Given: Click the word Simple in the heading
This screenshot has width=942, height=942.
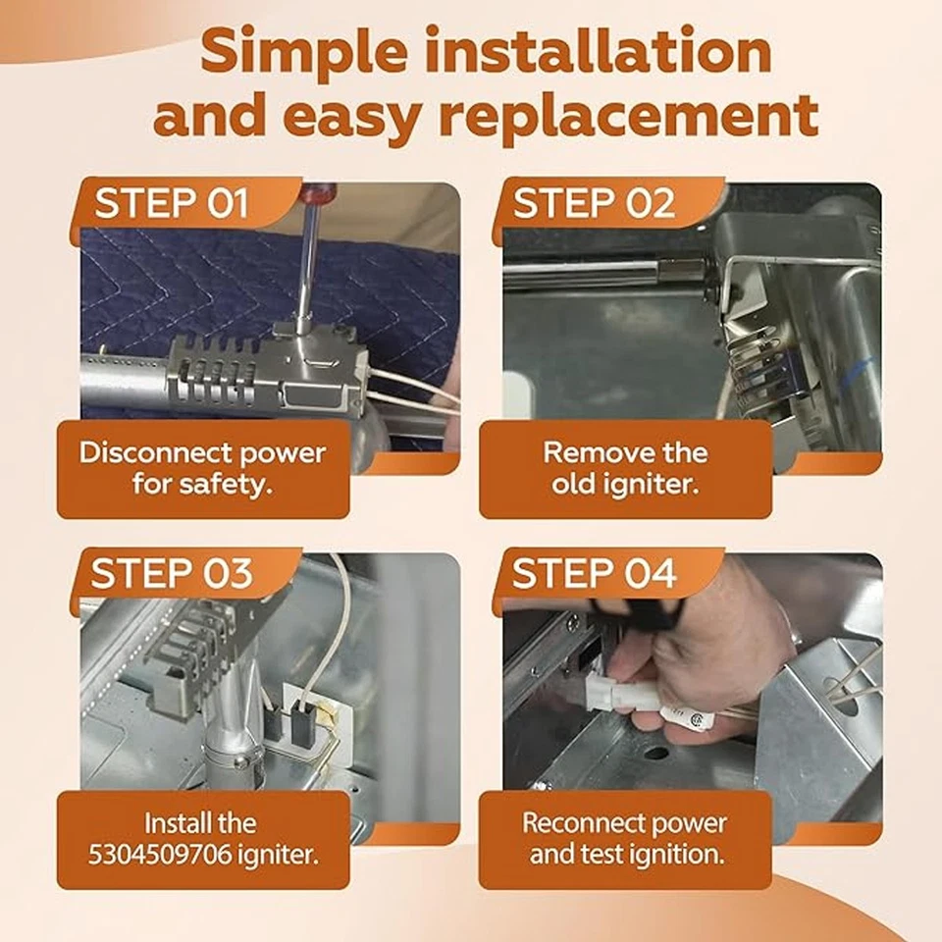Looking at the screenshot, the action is pos(304,53).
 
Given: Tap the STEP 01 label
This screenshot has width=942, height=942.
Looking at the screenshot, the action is pos(171,203).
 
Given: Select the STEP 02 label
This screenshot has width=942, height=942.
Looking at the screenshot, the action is pos(595,203).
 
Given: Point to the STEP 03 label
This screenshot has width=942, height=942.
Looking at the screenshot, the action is pos(172,572).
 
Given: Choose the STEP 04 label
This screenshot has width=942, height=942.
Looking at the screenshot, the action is pos(595,572).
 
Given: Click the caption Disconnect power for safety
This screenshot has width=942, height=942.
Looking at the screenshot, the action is pos(203,469).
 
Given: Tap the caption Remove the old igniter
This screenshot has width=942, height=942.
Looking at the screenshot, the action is pos(625,469).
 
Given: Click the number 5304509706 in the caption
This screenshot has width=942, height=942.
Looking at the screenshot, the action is pos(160,855).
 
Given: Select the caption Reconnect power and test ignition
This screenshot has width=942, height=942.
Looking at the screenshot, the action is pos(625,839).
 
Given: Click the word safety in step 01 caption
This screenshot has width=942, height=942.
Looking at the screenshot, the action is pos(226,484).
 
